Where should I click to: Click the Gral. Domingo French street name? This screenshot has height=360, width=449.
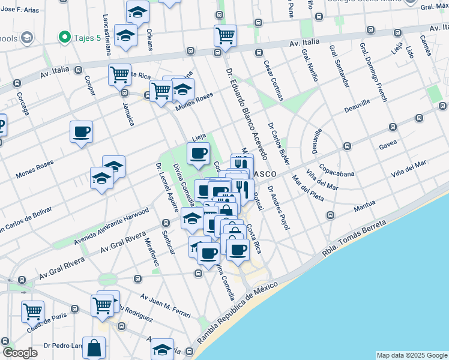pyautogui.click(x=373, y=71)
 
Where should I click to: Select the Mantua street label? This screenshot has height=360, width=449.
pyautogui.click(x=364, y=206)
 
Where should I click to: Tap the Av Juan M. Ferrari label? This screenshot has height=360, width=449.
pyautogui.click(x=165, y=305)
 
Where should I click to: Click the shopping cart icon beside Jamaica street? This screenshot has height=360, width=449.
pyautogui.click(x=119, y=75)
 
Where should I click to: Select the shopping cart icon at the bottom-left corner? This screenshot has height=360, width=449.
pyautogui.click(x=32, y=311)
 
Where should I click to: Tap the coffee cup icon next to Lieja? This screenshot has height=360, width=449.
pyautogui.click(x=198, y=153)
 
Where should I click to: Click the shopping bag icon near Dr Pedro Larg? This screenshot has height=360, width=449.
pyautogui.click(x=94, y=347)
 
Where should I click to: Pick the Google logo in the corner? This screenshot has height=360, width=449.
pyautogui.click(x=20, y=352)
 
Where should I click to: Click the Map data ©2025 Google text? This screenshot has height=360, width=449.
pyautogui.click(x=411, y=355)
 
